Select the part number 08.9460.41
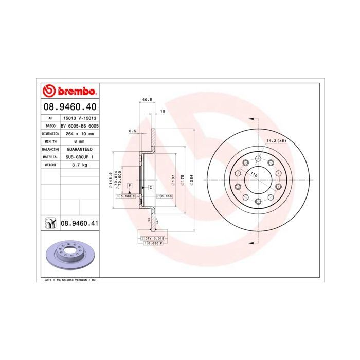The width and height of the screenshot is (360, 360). pos(79,223)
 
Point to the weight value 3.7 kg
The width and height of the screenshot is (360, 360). pos(79,165)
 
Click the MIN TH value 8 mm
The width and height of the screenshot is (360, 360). pos(79,141)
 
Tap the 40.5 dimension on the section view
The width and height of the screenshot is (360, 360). pos(147,99)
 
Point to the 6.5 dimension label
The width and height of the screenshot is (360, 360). pos(132,131)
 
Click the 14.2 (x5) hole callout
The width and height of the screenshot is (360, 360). pos(276,140)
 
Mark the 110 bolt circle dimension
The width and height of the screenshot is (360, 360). pos(253,175)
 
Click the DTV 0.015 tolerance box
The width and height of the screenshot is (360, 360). pos(154,239)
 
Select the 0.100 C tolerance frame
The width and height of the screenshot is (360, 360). pos(127,196)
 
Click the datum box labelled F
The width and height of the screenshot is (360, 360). pos(130,185)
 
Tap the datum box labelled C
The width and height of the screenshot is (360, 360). pos(150,188)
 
